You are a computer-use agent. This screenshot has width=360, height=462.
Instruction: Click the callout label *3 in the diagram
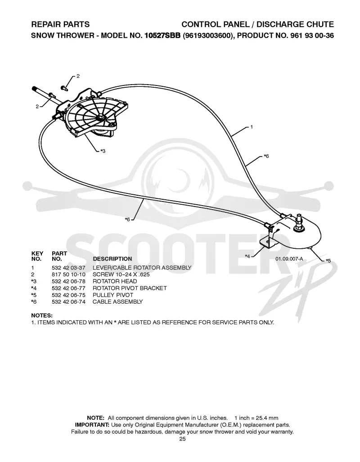tap(103, 151)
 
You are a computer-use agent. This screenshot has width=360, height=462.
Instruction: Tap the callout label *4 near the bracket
tap(247, 256)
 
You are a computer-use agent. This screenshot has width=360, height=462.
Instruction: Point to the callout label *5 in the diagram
tap(328, 260)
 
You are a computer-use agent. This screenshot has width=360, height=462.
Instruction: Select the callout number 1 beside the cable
tap(252, 127)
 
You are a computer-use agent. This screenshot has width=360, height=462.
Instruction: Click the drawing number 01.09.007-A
tap(289, 259)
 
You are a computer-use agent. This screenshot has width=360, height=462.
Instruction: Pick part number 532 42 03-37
tap(68, 268)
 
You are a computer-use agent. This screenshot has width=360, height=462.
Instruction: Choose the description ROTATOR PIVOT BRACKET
tap(130, 288)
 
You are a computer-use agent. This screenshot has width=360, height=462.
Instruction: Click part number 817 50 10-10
tap(68, 274)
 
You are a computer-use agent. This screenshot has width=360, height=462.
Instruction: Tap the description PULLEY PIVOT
tap(113, 295)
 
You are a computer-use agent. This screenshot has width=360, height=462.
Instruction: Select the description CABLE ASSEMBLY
tap(117, 302)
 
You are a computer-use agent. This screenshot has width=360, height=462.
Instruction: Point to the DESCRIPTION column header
tap(112, 259)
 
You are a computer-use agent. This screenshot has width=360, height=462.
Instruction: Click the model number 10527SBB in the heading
tap(162, 36)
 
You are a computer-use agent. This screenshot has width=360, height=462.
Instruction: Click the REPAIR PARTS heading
tap(60, 24)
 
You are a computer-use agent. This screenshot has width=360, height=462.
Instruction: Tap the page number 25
tap(183, 439)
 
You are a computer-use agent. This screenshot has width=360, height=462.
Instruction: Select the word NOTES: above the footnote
tap(42, 315)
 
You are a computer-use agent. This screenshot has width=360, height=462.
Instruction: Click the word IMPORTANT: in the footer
tap(92, 425)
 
